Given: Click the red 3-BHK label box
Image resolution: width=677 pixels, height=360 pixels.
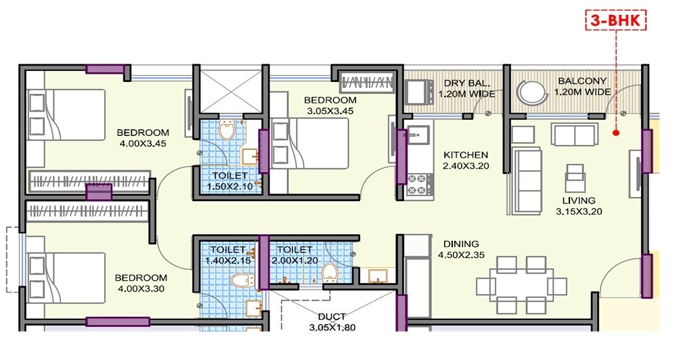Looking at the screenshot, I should coord(615,21).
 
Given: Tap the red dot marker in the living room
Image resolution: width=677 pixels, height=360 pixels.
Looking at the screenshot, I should coord(616,133).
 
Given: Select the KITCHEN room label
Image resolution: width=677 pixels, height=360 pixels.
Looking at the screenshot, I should coord(465,155).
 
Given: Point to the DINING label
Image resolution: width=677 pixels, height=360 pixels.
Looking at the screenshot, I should coord(461,244).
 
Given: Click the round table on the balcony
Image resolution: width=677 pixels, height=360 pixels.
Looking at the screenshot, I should coord(531,91).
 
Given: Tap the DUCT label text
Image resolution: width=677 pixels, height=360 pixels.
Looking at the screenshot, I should coord(332,316).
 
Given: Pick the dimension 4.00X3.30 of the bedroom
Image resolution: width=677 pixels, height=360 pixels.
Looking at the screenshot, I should coord(140,289).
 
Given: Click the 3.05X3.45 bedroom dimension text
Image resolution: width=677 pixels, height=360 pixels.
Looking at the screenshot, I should coord(329,111).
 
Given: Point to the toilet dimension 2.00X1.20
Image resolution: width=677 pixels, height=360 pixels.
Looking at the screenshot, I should coord(294,260).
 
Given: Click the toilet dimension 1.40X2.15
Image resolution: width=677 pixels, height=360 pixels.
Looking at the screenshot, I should coord(227,260).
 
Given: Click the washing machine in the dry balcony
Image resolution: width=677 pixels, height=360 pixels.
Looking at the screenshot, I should coord(420,91).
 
